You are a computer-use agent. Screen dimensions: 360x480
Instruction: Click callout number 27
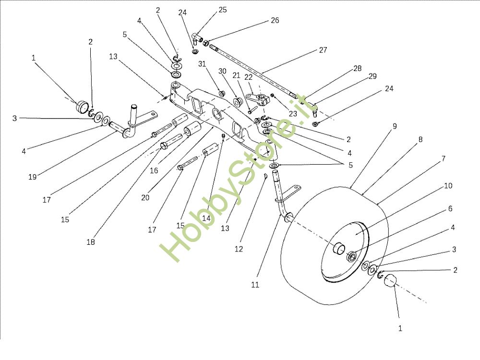click(323, 50)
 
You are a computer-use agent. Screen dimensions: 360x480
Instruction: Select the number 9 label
click(395, 126)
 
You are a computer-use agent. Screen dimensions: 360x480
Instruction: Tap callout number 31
click(202, 64)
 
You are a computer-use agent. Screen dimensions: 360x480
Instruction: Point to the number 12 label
click(239, 249)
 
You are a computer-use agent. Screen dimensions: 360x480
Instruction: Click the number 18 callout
click(91, 242)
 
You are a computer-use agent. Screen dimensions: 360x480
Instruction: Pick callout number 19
click(32, 177)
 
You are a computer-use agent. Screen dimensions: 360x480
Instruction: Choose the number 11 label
click(255, 285)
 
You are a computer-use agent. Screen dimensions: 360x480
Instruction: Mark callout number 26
click(275, 21)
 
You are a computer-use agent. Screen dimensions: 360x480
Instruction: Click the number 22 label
click(249, 77)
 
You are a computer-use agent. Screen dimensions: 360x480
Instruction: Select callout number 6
click(450, 209)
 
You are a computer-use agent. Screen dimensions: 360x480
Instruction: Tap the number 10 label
click(448, 186)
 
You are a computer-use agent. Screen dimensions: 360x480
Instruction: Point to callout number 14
click(207, 218)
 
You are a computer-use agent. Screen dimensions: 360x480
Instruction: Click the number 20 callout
click(145, 197)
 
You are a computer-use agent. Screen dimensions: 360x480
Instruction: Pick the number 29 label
click(373, 77)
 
